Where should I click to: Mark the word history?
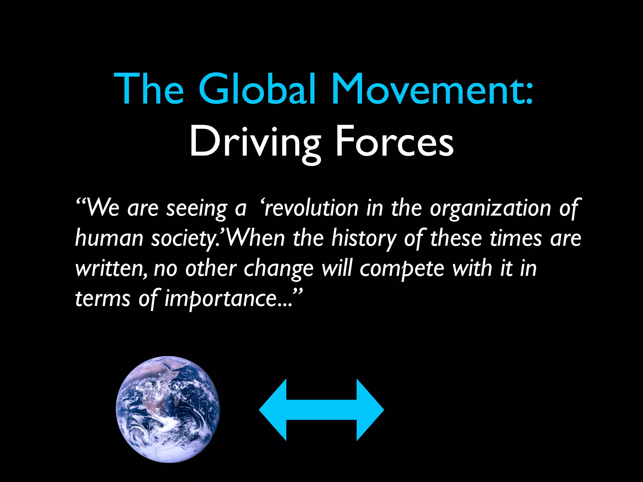tap(364, 238)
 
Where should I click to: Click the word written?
tap(110, 269)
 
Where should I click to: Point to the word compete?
tap(402, 269)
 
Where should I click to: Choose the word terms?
tap(103, 299)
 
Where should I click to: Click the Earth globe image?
tap(168, 409)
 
